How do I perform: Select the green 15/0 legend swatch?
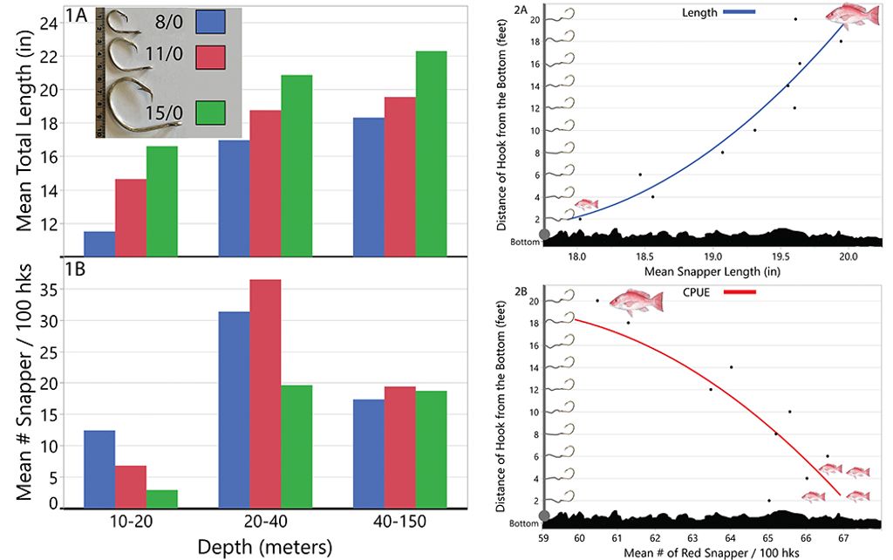pos(210,113)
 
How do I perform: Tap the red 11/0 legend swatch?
pos(210,58)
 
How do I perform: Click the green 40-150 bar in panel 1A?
pos(431,154)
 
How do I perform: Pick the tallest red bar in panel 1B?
pos(265,393)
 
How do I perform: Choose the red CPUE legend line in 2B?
pos(738,290)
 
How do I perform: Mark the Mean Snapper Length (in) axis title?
pos(712,271)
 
